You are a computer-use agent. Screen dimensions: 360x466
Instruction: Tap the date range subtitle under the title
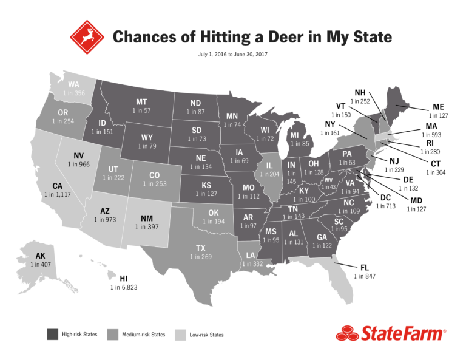[232, 55]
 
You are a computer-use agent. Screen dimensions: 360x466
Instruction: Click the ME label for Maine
[439, 107]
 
